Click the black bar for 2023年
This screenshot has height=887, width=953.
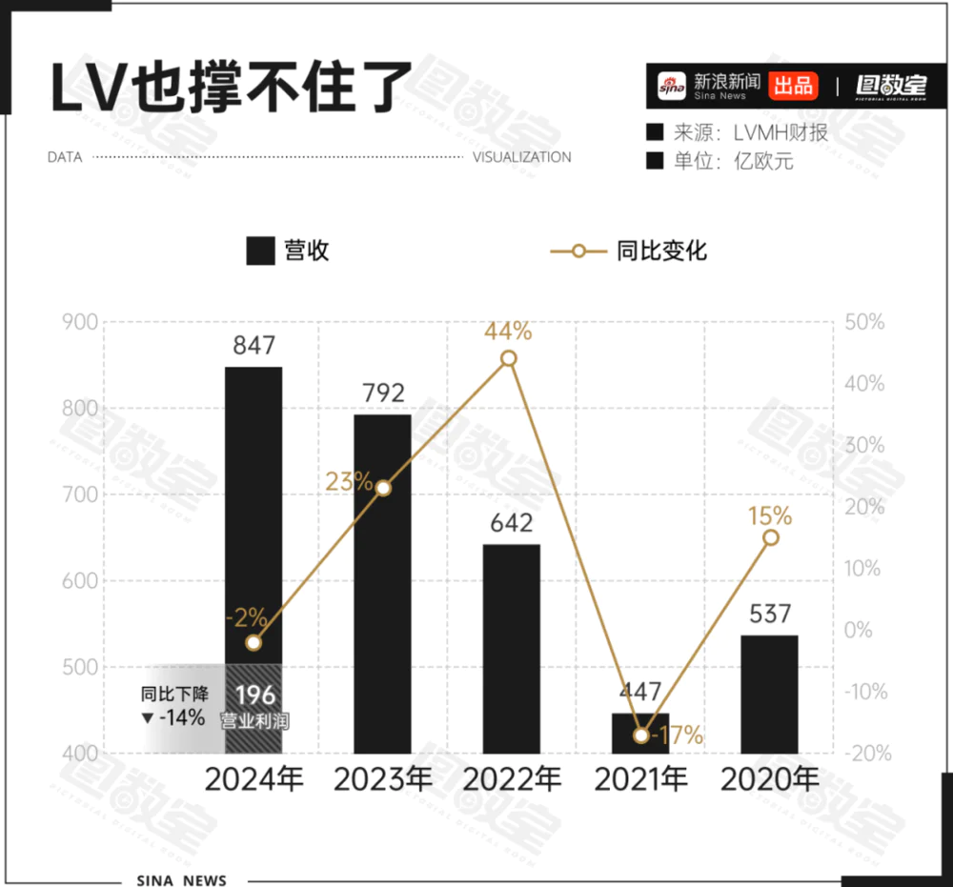[382, 583]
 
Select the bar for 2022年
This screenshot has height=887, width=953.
[511, 648]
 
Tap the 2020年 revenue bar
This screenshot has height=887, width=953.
[769, 694]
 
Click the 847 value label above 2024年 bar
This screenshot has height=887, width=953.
[253, 346]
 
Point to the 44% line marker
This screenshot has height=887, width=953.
[509, 359]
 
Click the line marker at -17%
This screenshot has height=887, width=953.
[641, 735]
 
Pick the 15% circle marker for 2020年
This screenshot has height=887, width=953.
[771, 537]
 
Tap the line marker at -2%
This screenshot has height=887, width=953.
[253, 643]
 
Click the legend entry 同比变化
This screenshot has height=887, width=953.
[629, 252]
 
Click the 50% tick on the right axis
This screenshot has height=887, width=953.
[865, 323]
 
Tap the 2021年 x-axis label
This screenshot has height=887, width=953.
[640, 779]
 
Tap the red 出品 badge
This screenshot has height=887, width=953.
[793, 86]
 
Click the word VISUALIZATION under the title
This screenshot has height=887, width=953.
[522, 157]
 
